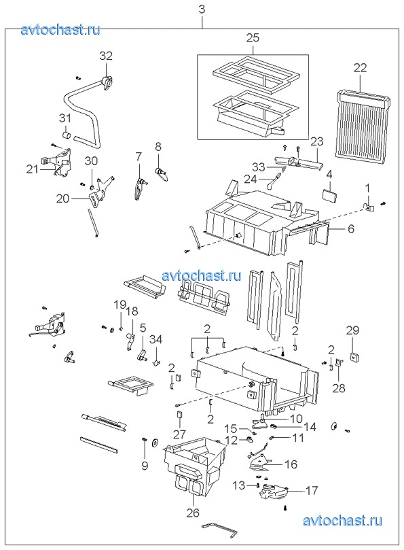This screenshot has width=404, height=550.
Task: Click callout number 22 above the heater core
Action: pos(360,67)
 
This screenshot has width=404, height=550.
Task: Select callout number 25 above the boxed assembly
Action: pos(253,37)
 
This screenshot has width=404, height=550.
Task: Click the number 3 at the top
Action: pos(202,9)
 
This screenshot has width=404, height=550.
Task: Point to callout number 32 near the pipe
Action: pos(106,56)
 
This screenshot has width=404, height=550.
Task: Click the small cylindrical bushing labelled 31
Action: pos(67,135)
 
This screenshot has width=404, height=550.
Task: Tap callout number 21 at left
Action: pos(32,169)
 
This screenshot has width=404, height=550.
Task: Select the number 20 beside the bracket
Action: pos(62,199)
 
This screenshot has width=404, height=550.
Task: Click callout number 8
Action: pos(158,146)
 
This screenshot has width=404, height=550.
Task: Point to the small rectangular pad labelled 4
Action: pos(330,196)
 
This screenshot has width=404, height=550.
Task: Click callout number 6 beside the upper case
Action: pos(351,228)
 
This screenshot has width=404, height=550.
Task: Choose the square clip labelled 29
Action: pos(355,357)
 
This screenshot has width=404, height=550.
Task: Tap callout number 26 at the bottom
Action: pos(193,513)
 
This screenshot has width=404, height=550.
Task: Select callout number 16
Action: pos(291,464)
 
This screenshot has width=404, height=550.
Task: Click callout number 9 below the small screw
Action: pos(145,465)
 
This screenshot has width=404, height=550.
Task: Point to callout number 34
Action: pos(156,339)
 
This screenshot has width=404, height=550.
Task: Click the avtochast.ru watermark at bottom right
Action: pos(342,521)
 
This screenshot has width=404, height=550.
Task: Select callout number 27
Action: pos(179,434)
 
